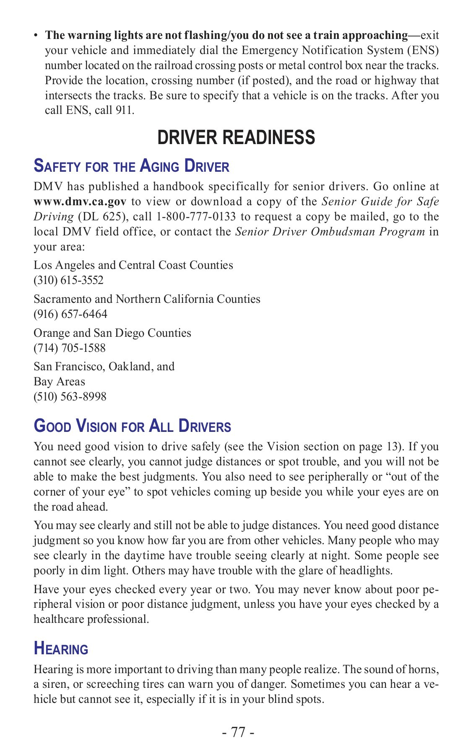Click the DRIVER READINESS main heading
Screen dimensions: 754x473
coord(236,137)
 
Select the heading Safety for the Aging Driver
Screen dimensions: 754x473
coord(131,166)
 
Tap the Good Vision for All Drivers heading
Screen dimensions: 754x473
coord(132,426)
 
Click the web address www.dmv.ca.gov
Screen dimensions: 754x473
coord(80,201)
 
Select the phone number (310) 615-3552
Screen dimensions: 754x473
coord(68,280)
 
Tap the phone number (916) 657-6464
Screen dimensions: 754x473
coord(70,314)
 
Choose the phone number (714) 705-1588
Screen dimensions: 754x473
coord(70,348)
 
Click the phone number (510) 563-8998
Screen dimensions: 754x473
coord(70,397)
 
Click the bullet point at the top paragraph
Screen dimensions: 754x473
coord(36,36)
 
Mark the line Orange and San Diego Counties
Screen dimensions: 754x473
coord(112,333)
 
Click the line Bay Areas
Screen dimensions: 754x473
coord(59,382)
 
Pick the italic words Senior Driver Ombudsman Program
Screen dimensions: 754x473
coord(330,232)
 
